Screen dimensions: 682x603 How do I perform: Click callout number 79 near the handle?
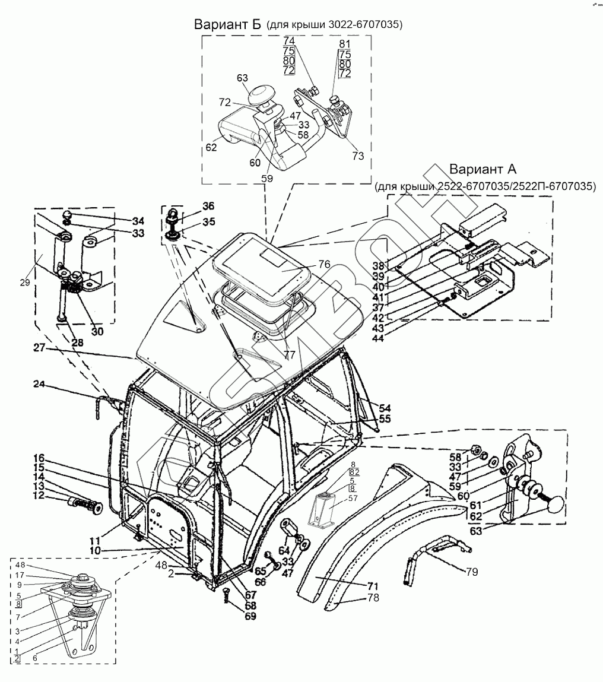[x=472, y=573]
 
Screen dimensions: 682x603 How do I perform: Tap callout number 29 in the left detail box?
[x=25, y=283]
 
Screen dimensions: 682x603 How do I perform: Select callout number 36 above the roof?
[x=208, y=207]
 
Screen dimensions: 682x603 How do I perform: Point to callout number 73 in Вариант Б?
[x=358, y=156]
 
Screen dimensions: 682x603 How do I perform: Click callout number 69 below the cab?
[x=250, y=617]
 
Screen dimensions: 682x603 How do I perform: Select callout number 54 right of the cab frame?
[x=386, y=408]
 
